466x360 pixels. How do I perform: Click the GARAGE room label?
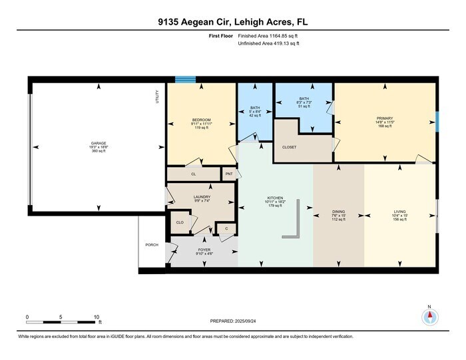click(x=99, y=143)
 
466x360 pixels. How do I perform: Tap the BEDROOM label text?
click(x=201, y=120)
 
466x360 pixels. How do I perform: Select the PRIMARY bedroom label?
click(x=385, y=120)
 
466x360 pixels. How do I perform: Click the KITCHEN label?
click(x=276, y=198)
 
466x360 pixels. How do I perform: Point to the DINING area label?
click(x=339, y=212)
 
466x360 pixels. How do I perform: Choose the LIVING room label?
click(x=399, y=212)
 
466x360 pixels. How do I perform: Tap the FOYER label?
click(x=203, y=250)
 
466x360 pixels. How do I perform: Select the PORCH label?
click(x=152, y=244)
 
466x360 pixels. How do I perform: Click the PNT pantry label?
click(x=229, y=174)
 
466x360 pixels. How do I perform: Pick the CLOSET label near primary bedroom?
click(x=290, y=147)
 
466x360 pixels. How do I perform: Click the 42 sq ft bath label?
click(x=255, y=110)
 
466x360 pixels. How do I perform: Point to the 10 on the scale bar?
click(x=97, y=317)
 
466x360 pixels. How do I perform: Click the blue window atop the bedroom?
click(x=186, y=80)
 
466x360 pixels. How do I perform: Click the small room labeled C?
click(x=226, y=228)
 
